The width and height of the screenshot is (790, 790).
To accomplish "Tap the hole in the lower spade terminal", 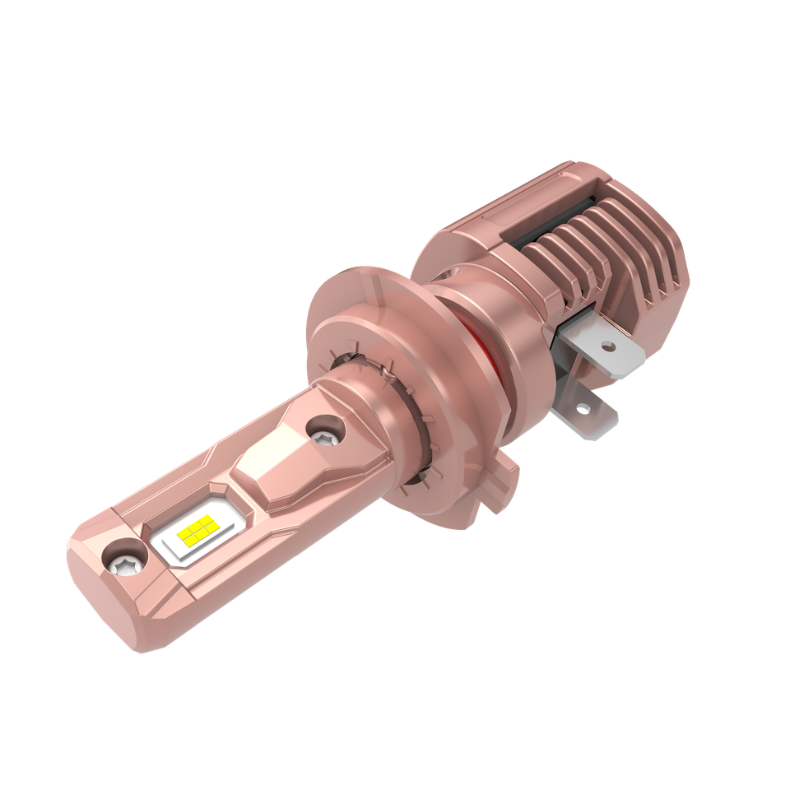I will pos(583,408).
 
